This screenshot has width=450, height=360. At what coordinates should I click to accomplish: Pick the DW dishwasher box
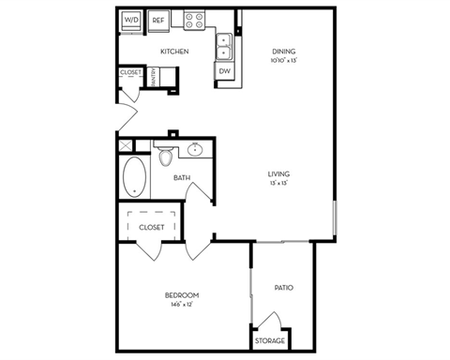[x=224, y=71]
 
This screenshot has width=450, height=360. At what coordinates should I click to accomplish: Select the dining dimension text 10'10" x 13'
[x=284, y=61]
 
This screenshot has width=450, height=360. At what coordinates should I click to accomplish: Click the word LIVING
[x=277, y=174]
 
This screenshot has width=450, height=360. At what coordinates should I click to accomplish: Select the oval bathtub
[x=133, y=177]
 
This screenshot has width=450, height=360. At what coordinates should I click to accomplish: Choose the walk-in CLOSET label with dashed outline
[x=151, y=227]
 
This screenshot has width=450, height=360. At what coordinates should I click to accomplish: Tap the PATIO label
[x=284, y=287]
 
